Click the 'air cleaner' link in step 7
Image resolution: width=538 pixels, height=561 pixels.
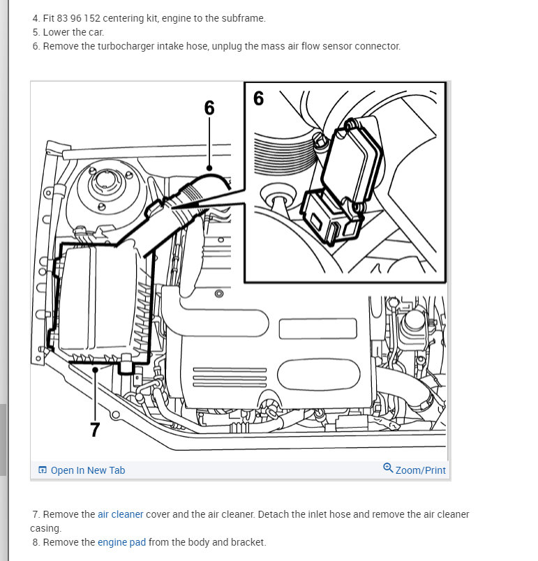point(120,514)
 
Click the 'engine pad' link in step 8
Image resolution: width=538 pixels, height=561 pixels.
point(121,542)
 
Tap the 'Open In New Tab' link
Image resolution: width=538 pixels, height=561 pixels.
point(88,470)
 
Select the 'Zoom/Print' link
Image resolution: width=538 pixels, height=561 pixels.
point(420,470)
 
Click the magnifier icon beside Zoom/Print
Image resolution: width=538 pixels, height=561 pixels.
point(388,468)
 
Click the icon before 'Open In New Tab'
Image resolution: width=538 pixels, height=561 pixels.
point(43,470)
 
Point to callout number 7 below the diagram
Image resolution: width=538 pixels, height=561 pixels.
point(95,430)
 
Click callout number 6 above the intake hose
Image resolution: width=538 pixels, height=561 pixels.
point(209,107)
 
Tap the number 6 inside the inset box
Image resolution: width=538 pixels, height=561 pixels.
point(258,98)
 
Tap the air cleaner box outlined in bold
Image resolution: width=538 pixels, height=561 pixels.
point(98,300)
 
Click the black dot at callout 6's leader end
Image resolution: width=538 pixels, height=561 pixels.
point(209,167)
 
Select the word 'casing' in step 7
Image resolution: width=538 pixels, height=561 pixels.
point(45,528)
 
